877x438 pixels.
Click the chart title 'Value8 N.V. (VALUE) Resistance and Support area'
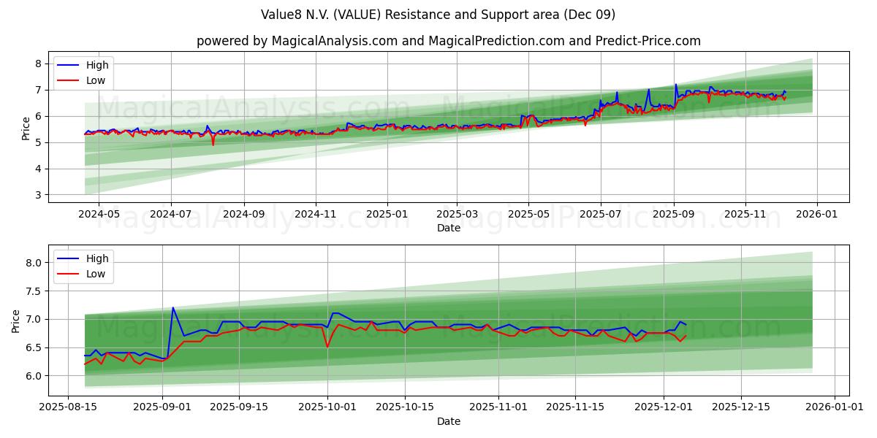pyautogui.click(x=438, y=15)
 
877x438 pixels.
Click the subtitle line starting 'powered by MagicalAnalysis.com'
pyautogui.click(x=448, y=41)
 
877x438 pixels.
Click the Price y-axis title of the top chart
pyautogui.click(x=26, y=128)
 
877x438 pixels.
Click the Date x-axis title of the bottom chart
pyautogui.click(x=448, y=422)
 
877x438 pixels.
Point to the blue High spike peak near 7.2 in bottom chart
pyautogui.click(x=173, y=307)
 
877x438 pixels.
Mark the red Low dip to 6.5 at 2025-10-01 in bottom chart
pyautogui.click(x=327, y=347)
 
